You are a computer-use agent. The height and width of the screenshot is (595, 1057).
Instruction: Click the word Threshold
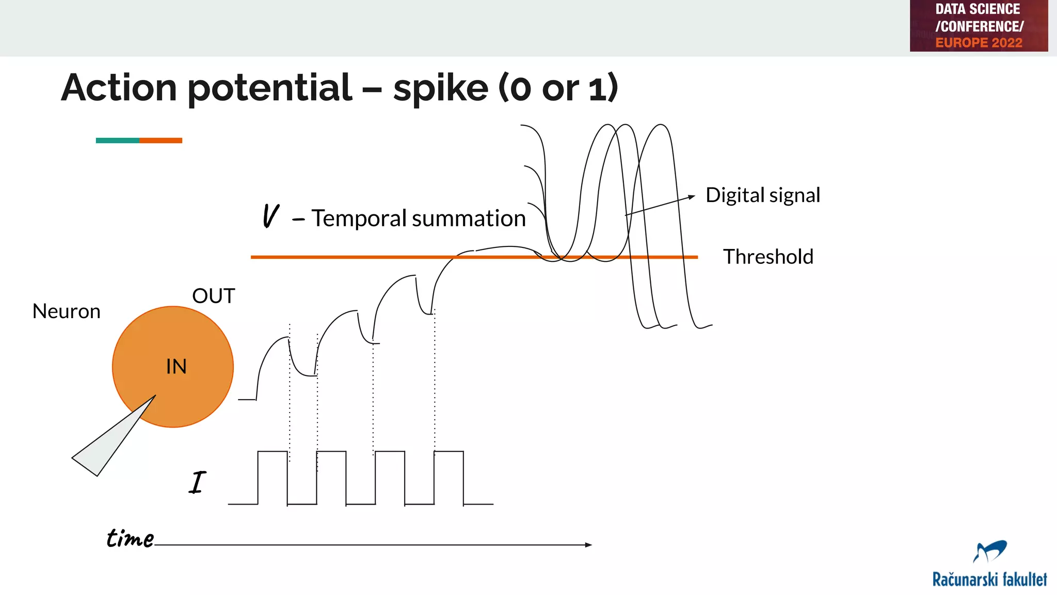pos(768,257)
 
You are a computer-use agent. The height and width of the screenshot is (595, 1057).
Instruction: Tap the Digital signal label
pos(762,196)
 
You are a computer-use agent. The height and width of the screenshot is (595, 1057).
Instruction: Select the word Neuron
pos(66,311)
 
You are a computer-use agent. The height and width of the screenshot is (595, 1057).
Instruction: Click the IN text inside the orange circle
pos(176,367)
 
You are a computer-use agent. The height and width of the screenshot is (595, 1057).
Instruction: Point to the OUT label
pos(213,296)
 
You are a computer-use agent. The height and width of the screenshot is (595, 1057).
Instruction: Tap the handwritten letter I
pos(197,483)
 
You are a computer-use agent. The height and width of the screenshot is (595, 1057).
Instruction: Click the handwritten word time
pos(130,538)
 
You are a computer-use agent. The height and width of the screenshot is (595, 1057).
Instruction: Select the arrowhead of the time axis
pos(588,544)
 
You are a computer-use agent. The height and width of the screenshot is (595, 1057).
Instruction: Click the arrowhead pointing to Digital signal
pos(692,197)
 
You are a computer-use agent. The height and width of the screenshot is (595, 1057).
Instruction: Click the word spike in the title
pos(440,88)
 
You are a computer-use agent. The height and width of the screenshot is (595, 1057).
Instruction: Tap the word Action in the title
pos(119,88)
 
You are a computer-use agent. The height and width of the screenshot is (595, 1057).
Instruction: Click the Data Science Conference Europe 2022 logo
pos(979,26)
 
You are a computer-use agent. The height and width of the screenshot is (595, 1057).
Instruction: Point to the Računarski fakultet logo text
pos(989,580)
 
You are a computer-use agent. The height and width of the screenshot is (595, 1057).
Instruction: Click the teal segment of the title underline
pos(117,140)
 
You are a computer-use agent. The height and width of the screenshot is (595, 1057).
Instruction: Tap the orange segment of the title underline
pos(161,140)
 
